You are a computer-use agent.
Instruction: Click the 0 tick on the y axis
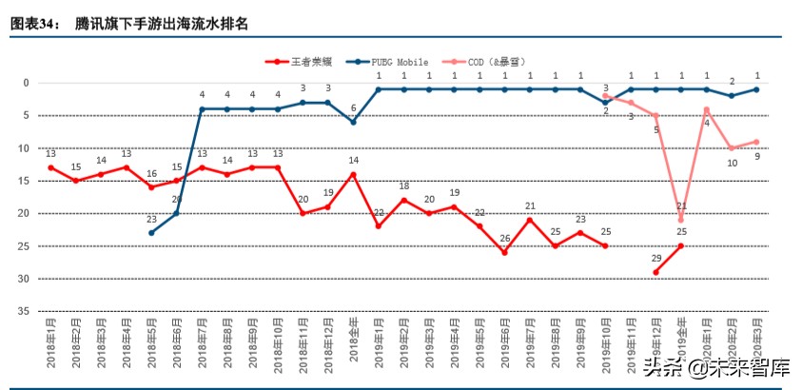coord(28,83)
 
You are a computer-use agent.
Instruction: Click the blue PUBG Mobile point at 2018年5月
coord(151,233)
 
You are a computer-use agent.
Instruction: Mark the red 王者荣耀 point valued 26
coord(504,252)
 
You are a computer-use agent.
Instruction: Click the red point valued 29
coord(656,272)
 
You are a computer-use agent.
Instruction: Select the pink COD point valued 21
coord(681,220)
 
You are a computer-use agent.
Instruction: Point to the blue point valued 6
coord(353,122)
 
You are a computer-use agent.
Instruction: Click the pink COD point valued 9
coord(756,142)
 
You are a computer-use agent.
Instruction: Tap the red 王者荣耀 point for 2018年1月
coord(50,167)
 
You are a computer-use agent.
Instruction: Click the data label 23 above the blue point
coord(151,219)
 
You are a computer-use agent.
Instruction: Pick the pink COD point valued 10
coord(731,148)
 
